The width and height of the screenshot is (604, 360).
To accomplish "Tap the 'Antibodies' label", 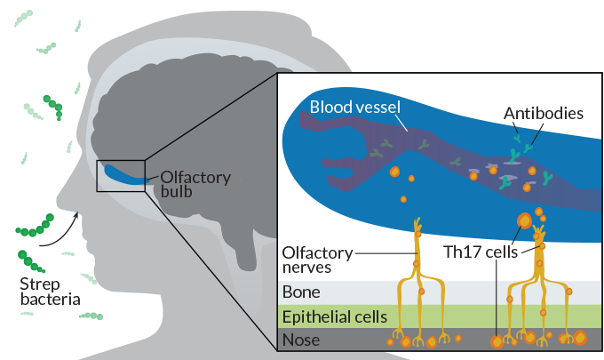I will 543,114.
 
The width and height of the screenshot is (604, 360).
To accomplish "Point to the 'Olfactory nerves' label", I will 315,259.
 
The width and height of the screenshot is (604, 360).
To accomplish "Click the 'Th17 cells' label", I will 480,252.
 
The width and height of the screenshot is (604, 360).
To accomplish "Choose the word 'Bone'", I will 300,292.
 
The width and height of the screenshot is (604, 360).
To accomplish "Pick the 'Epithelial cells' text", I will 333,316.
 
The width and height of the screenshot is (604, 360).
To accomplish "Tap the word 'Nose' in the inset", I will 300,340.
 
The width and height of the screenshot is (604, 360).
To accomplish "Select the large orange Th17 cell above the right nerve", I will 524,220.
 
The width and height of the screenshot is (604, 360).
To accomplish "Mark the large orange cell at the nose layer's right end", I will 579,338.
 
